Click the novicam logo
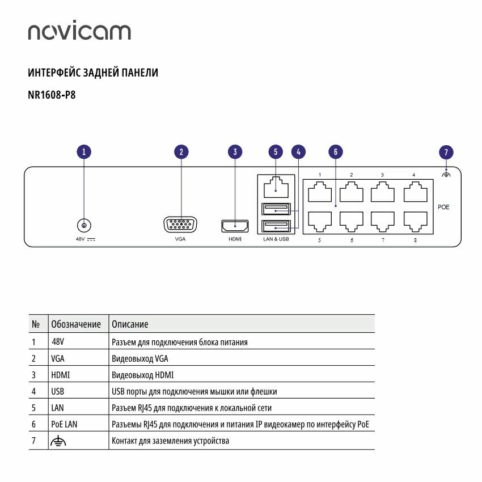click(79, 32)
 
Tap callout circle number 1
click(84, 152)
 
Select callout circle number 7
click(446, 152)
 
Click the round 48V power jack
click(84, 225)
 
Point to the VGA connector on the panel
click(180, 225)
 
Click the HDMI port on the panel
click(235, 226)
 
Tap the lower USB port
click(276, 227)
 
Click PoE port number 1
click(320, 192)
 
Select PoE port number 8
click(415, 220)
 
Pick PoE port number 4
click(415, 192)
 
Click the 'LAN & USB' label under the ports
click(276, 239)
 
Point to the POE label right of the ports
click(443, 208)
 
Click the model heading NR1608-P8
click(52, 95)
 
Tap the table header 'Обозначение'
click(76, 324)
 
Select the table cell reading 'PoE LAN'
click(64, 424)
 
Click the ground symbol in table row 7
click(58, 441)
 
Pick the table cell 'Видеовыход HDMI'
click(143, 375)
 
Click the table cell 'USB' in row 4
click(57, 391)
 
